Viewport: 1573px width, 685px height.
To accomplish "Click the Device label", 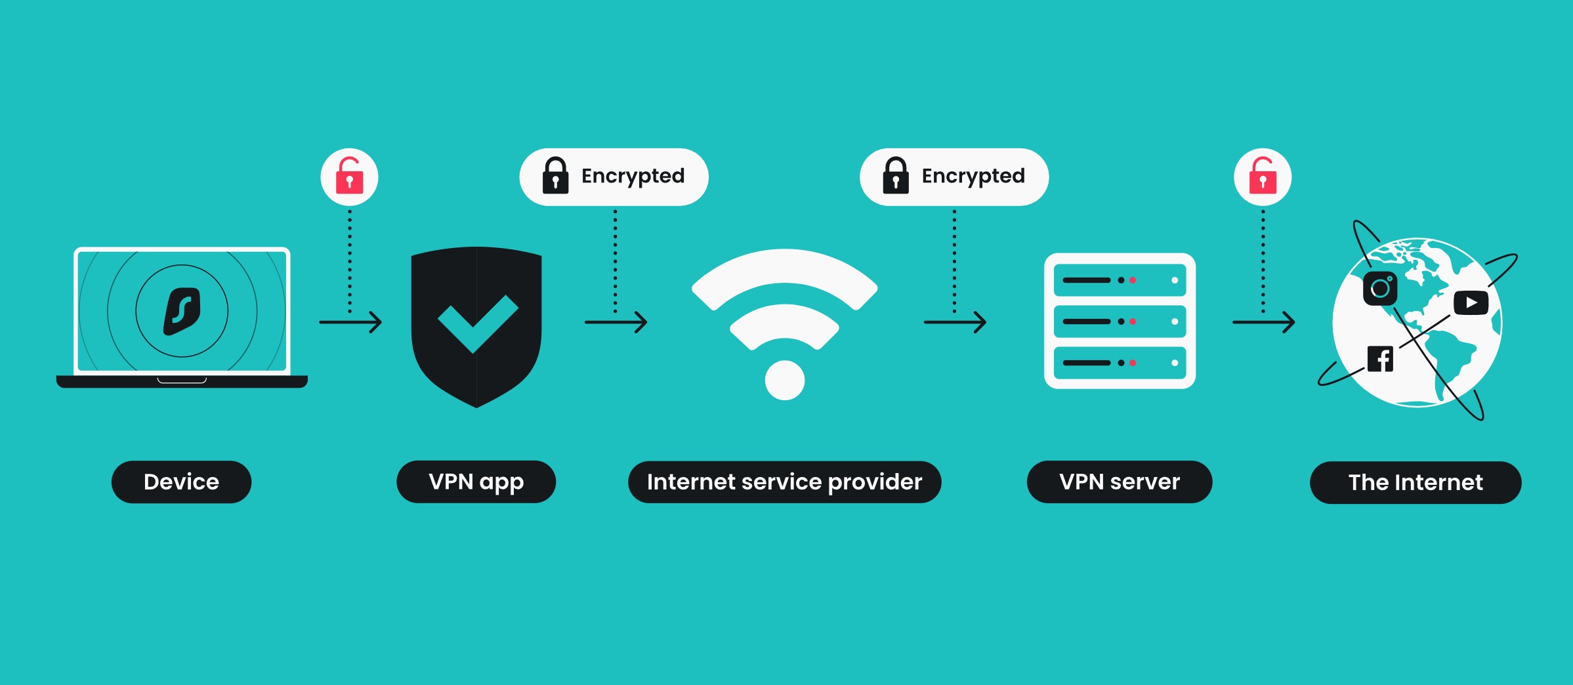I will click(181, 482).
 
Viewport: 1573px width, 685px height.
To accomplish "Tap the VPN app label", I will click(476, 482).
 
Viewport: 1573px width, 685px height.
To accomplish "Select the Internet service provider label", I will click(784, 482).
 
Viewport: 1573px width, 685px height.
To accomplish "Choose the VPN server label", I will click(1119, 482).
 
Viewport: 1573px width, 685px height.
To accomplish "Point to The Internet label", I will click(1416, 483).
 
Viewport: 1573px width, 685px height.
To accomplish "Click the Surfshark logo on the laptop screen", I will click(182, 311).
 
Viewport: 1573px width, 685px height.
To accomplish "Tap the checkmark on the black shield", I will click(477, 322).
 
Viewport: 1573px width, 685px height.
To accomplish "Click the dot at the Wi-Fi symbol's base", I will click(785, 380).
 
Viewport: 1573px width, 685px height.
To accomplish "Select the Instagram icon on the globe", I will click(1380, 288).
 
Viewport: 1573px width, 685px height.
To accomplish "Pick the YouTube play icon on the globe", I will click(1471, 302).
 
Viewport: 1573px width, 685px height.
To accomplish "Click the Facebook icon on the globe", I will click(1380, 359).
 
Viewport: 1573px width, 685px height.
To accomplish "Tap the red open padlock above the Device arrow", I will click(349, 176).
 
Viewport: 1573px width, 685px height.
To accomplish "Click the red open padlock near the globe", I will click(1263, 176).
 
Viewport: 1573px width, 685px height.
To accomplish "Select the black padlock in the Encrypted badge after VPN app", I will click(555, 176).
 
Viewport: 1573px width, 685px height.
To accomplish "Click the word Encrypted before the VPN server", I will click(973, 176).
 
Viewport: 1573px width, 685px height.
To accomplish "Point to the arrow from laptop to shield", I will click(350, 322).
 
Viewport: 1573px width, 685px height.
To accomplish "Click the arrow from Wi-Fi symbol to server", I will click(955, 322).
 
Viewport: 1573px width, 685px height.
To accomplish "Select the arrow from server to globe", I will click(1263, 322).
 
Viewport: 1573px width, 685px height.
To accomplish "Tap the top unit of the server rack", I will click(1120, 280).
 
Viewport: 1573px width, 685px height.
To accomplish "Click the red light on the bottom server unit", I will click(1133, 363).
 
